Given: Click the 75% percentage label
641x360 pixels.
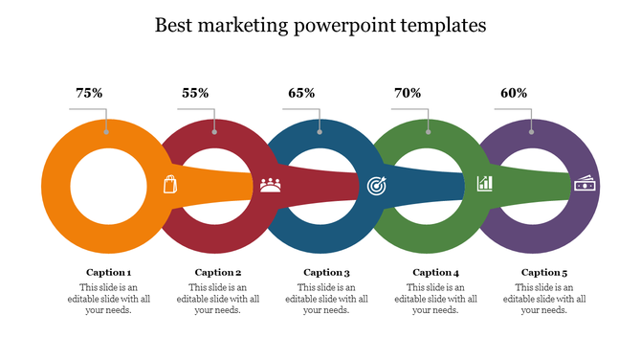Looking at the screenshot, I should (89, 93).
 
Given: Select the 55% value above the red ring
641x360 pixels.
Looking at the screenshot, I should (195, 93).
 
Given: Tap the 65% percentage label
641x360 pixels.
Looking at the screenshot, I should (301, 93).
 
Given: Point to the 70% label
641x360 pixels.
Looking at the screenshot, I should (408, 93).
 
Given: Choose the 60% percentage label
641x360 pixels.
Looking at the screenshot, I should (514, 93).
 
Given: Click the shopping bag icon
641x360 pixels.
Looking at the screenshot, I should (170, 184).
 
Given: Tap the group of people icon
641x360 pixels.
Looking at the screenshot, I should (271, 184).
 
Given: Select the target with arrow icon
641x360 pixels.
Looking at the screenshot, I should (377, 184).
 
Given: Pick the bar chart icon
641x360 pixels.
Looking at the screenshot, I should (484, 183).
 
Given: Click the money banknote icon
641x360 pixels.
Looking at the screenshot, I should (584, 184).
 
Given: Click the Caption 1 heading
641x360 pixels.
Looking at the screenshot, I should (108, 272).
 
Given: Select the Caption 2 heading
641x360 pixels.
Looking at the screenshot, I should (217, 272).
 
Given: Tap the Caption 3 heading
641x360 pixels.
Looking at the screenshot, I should (326, 272).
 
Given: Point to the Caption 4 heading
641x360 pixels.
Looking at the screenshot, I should (435, 272).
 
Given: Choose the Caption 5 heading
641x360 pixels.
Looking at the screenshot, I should (544, 272).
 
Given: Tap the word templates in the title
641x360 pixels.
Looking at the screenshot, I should (439, 26).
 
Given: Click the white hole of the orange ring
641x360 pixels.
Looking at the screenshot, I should (107, 182).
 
